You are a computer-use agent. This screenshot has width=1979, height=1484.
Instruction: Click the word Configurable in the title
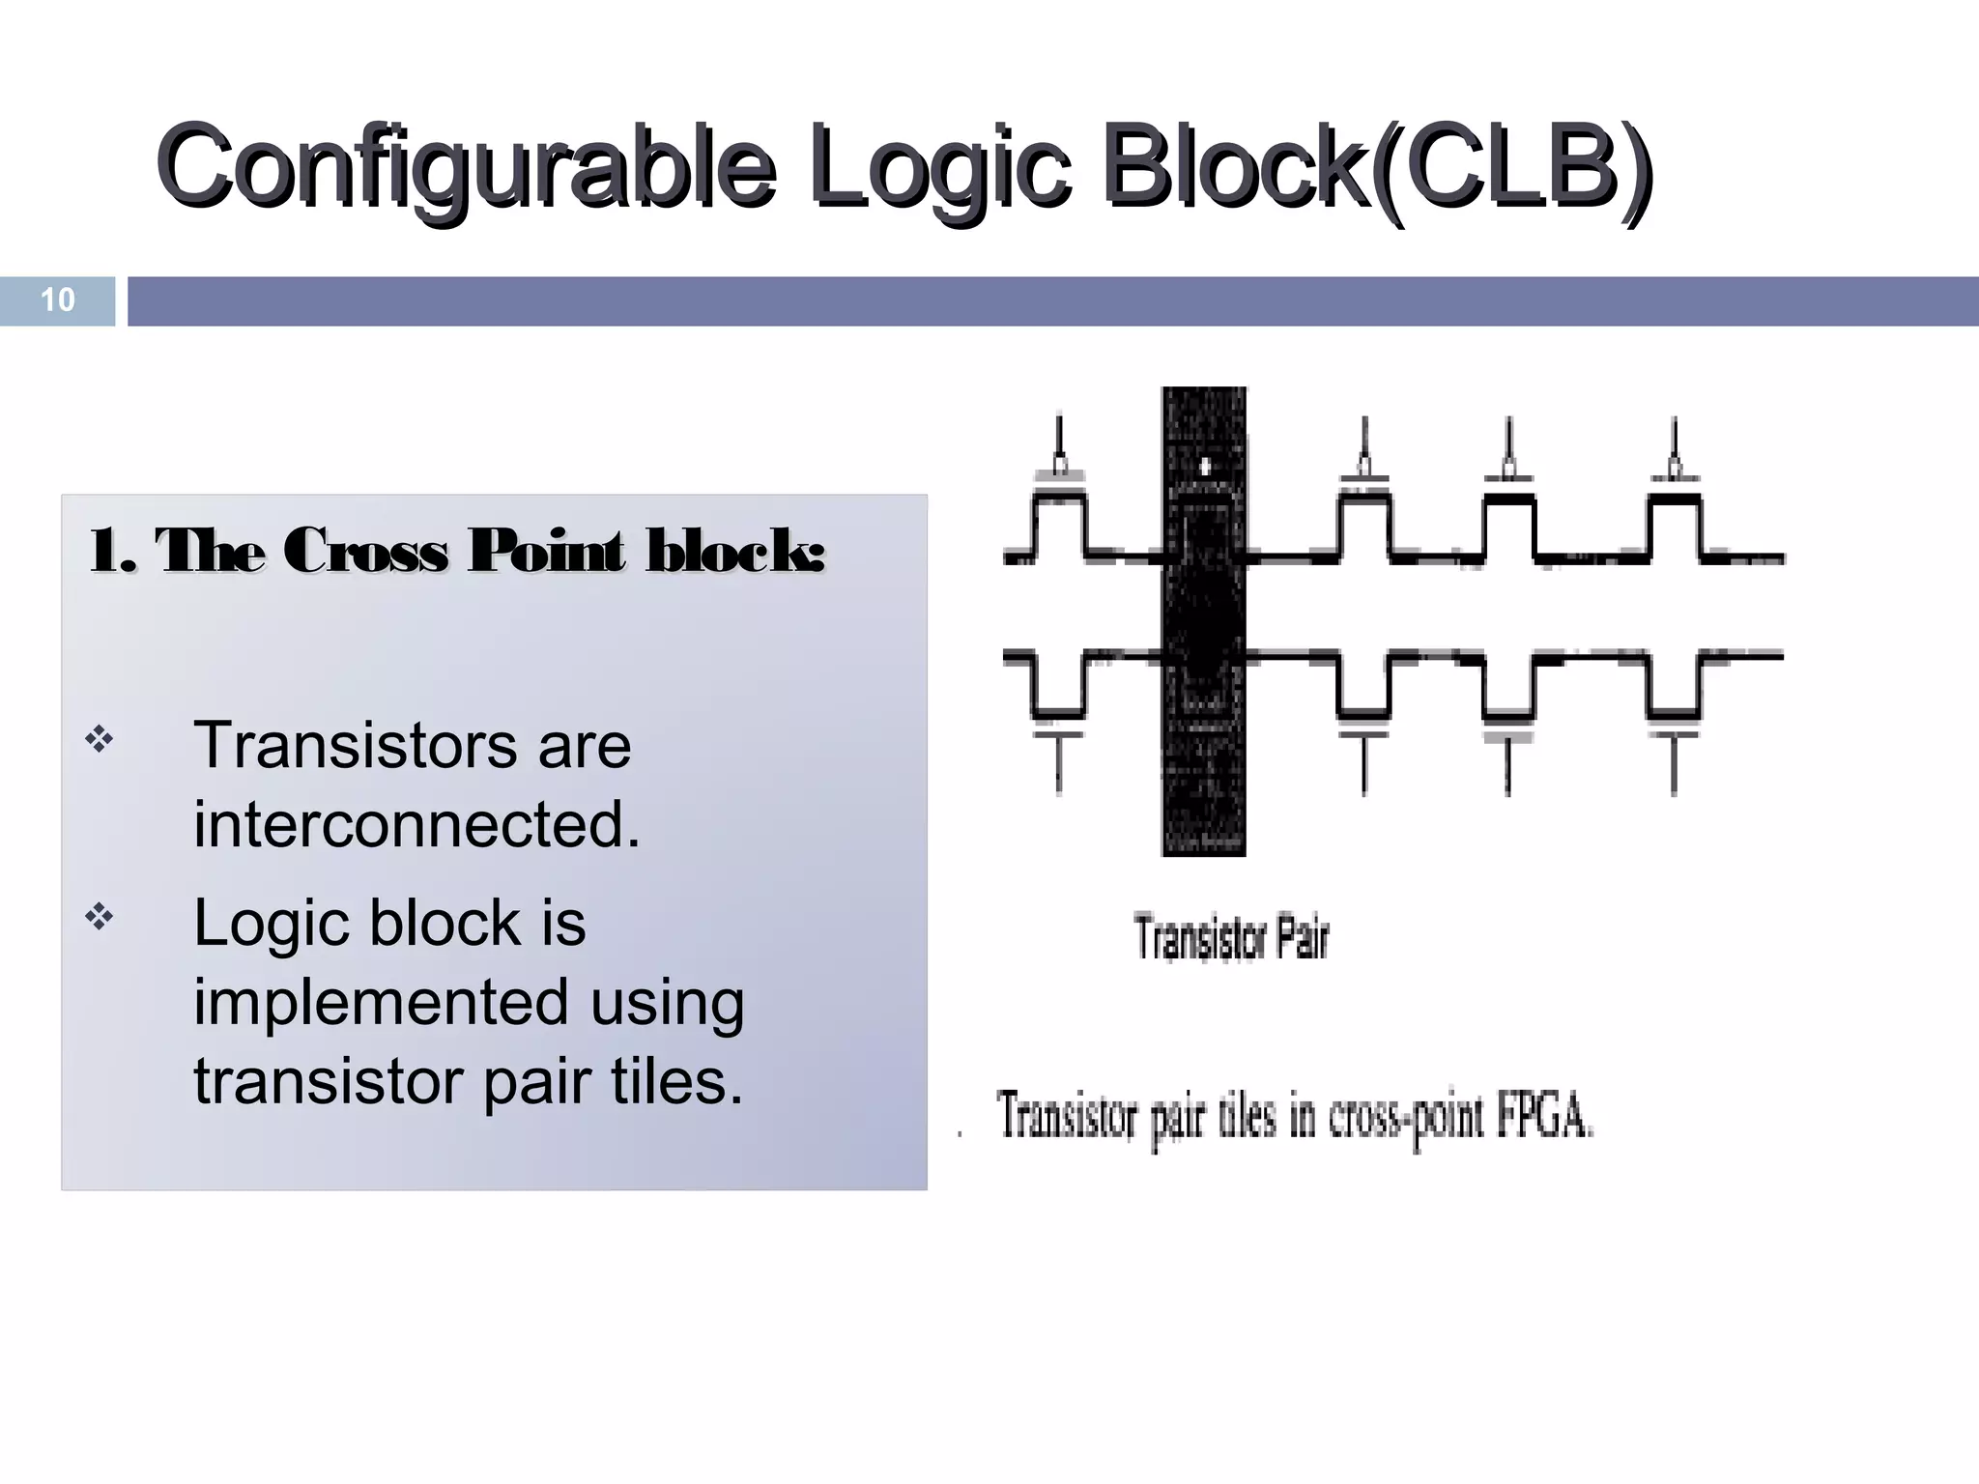point(464,166)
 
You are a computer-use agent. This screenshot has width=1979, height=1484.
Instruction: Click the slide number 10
point(57,300)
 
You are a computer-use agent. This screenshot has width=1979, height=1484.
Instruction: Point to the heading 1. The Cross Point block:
point(456,552)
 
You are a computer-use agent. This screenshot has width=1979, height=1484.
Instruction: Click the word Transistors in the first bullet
point(356,746)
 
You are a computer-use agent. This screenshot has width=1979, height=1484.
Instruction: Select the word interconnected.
point(416,825)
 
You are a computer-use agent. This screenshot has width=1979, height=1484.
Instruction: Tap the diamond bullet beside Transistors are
point(100,741)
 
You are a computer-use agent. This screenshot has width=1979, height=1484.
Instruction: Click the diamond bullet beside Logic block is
point(100,917)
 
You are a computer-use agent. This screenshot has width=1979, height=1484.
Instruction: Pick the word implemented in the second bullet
point(380,1002)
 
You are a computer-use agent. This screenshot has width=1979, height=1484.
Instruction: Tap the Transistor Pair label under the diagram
point(1231,938)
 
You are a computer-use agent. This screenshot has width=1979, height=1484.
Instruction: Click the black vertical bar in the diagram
point(1203,621)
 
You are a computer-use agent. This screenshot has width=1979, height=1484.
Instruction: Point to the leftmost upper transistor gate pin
point(1060,446)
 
